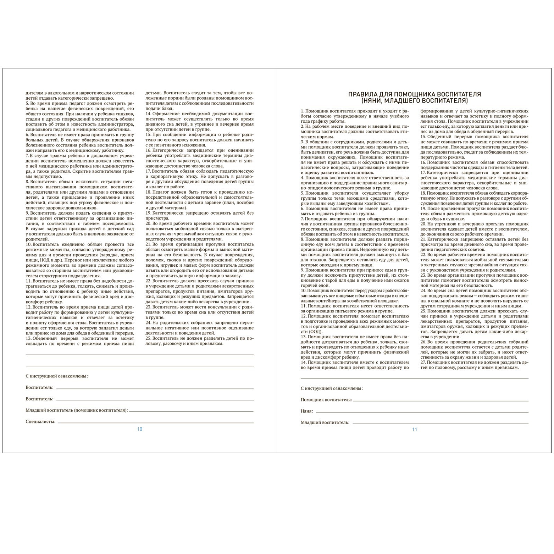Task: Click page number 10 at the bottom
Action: pyautogui.click(x=140, y=429)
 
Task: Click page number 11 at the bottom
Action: pyautogui.click(x=414, y=429)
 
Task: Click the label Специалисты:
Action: pyautogui.click(x=41, y=422)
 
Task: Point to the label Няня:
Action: pyautogui.click(x=307, y=411)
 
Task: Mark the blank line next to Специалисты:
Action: pyautogui.click(x=155, y=423)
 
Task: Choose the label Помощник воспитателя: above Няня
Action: pyautogui.click(x=326, y=400)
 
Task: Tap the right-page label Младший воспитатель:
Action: pyautogui.click(x=325, y=422)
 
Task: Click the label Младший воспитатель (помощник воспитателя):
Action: pyautogui.click(x=77, y=410)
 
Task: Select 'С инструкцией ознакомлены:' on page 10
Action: pyautogui.click(x=57, y=376)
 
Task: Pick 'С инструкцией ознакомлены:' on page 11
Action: pyautogui.click(x=332, y=388)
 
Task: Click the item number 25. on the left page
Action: pyautogui.click(x=149, y=338)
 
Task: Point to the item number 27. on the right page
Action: pyautogui.click(x=423, y=362)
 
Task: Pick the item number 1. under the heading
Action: pyautogui.click(x=302, y=111)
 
